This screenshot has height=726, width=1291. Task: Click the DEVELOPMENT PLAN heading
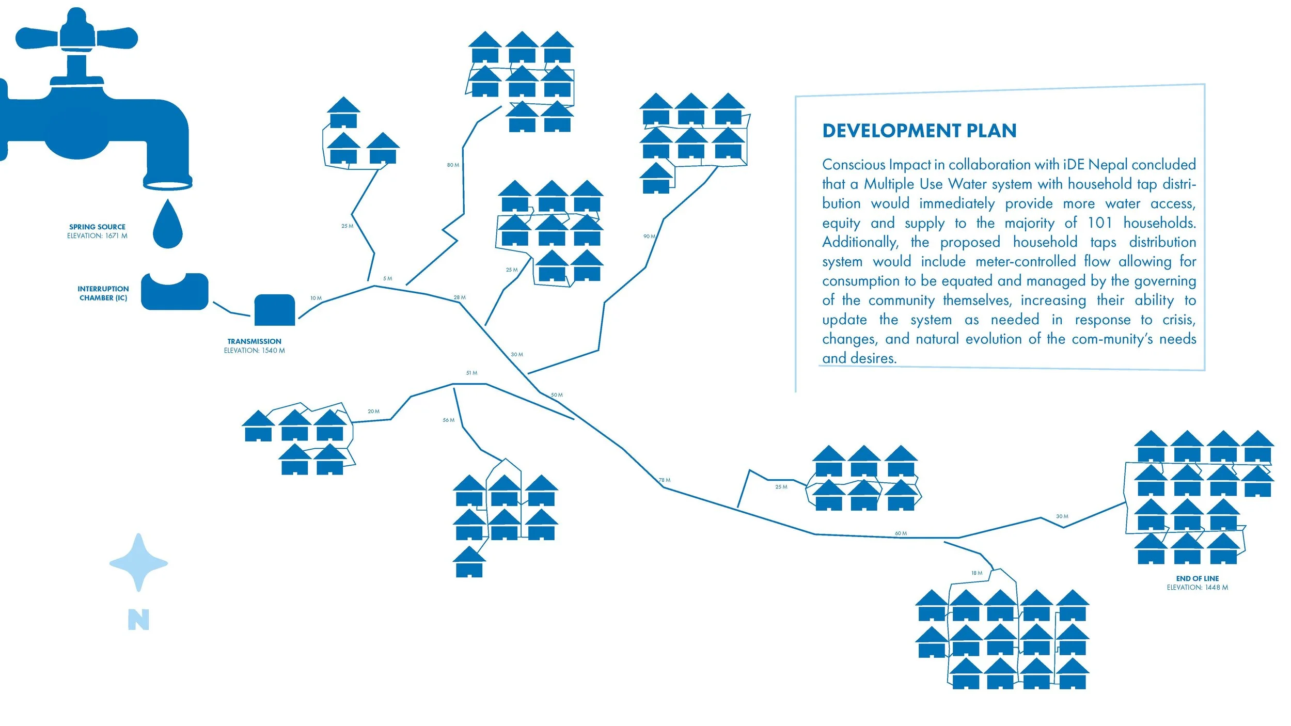919,131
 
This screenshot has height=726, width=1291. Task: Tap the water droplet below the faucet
167,226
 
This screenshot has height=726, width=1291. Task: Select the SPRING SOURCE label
97,227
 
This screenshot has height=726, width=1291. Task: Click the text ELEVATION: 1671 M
97,236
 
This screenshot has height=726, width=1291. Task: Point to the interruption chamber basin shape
175,292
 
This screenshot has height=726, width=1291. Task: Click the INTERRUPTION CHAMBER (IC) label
103,293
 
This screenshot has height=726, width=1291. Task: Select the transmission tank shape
275,310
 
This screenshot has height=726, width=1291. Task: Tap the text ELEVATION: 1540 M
254,351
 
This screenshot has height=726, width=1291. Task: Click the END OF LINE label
1197,579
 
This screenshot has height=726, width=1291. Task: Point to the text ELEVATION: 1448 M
1197,588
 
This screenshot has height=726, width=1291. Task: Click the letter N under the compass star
138,620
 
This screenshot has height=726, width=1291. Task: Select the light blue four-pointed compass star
138,562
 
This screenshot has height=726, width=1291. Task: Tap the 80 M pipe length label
453,165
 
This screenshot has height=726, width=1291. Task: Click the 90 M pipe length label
649,236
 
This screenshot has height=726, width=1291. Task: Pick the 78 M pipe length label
665,480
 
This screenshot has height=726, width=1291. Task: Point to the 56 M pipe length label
448,420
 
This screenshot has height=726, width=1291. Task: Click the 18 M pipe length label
977,573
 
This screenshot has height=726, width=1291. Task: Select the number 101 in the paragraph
1099,223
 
